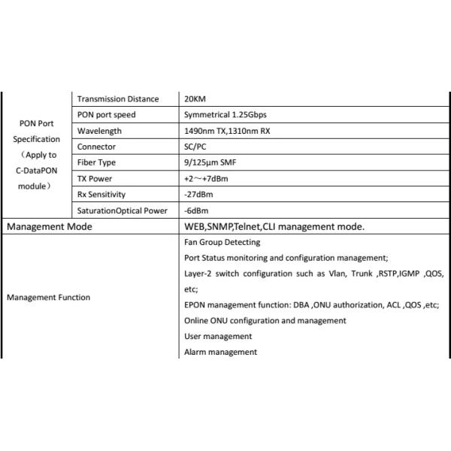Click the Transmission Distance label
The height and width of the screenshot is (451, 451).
tap(118, 99)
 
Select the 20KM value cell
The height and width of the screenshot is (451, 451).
tap(195, 99)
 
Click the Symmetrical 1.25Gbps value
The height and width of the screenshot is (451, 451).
tap(225, 115)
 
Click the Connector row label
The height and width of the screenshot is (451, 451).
tap(96, 147)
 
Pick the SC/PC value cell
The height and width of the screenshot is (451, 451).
tap(196, 147)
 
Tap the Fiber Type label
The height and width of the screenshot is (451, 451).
tap(98, 162)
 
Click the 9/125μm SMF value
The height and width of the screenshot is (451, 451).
tap(210, 162)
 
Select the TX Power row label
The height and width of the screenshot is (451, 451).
tap(95, 178)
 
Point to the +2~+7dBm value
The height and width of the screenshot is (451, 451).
tap(206, 178)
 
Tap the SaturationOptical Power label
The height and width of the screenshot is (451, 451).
tap(122, 210)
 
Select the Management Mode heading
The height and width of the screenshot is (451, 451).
tap(50, 226)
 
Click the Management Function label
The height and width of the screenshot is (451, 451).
tap(48, 297)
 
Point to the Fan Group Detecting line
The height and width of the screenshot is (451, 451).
tap(222, 242)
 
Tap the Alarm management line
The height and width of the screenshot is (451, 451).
tap(220, 352)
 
